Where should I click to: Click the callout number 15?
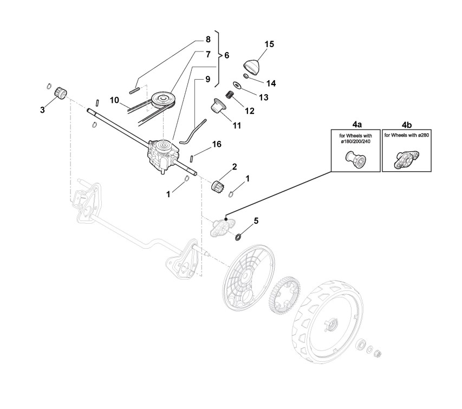[269, 44]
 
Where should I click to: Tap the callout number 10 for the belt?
[114, 100]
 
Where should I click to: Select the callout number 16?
[216, 144]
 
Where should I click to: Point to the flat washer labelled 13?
[237, 85]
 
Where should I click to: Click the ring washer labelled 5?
[239, 237]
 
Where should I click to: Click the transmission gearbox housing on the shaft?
[161, 155]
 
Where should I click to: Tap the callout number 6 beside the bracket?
[226, 55]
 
